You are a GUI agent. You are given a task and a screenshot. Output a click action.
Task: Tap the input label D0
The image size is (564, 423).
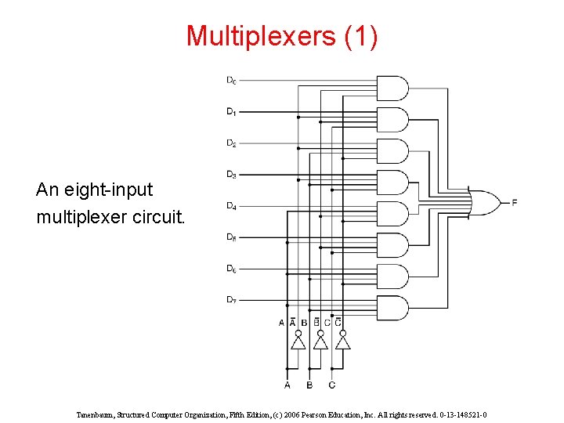pyautogui.click(x=232, y=80)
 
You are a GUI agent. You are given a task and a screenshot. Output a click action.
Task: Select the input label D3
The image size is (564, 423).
pyautogui.click(x=232, y=174)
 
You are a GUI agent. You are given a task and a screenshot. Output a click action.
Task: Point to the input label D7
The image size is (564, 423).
pyautogui.click(x=232, y=299)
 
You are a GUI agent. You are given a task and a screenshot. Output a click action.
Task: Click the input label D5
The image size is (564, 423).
pyautogui.click(x=232, y=237)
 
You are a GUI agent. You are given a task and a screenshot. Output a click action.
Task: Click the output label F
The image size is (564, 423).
pyautogui.click(x=514, y=203)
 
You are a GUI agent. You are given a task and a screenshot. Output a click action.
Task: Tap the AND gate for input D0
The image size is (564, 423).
pyautogui.click(x=392, y=88)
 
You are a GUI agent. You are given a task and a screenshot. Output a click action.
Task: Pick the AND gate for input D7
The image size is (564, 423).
pyautogui.click(x=392, y=307)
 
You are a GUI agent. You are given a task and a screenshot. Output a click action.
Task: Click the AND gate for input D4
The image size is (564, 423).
pyautogui.click(x=392, y=213)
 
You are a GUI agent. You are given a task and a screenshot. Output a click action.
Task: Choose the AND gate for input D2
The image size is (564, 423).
pyautogui.click(x=392, y=150)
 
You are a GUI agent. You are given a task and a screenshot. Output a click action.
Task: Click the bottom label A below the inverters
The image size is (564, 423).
pyautogui.click(x=287, y=385)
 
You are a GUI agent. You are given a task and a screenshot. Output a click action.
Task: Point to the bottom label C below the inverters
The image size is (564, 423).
pyautogui.click(x=332, y=385)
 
